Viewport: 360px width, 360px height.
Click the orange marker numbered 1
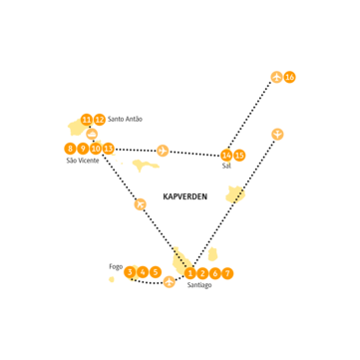(x=190, y=273)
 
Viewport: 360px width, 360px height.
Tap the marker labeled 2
(x=202, y=273)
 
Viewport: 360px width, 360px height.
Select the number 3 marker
(x=130, y=272)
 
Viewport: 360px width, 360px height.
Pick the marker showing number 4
(x=143, y=272)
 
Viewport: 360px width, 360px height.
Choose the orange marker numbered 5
(x=155, y=272)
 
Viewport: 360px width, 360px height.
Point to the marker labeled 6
(x=214, y=273)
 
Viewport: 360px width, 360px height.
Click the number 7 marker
(x=227, y=273)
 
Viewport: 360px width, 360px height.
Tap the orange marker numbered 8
(x=70, y=149)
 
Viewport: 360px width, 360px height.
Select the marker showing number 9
(x=83, y=149)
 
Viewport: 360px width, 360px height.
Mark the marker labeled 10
(x=96, y=149)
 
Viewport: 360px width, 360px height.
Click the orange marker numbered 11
(x=87, y=120)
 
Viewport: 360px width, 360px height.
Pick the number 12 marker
(x=99, y=120)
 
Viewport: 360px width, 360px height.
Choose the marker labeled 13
(x=109, y=149)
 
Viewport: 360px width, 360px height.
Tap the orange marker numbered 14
(x=227, y=156)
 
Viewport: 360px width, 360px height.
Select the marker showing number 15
(x=239, y=156)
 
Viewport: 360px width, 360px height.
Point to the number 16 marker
(x=289, y=77)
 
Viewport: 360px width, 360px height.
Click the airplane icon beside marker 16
(x=276, y=77)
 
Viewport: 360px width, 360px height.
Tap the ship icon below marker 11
(x=92, y=134)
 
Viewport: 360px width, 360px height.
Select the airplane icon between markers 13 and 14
(x=163, y=151)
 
